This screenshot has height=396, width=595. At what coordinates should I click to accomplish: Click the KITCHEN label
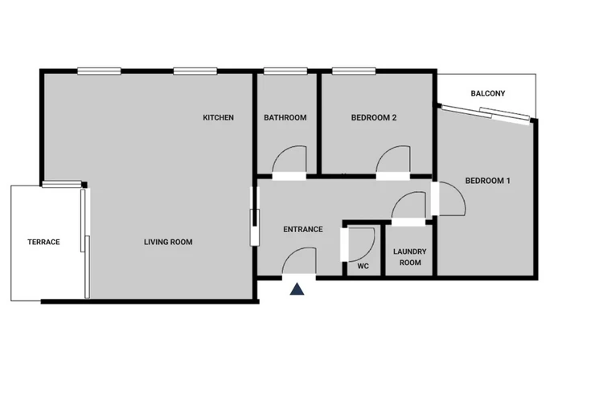pos(218,117)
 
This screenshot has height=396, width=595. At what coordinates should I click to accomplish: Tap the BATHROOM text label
pos(285,117)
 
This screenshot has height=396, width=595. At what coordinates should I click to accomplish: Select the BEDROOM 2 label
pos(374,117)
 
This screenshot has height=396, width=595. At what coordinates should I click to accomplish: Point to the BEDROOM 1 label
pos(487,181)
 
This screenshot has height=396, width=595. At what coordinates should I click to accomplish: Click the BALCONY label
pos(488,93)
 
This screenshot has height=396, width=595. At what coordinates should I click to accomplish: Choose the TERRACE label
pos(43,242)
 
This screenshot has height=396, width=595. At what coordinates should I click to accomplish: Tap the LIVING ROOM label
pos(168,242)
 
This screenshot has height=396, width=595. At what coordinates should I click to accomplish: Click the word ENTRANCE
pos(303,229)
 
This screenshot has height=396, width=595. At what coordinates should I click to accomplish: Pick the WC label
pos(363,267)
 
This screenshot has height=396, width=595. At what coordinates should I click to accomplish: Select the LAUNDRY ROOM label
pos(410,257)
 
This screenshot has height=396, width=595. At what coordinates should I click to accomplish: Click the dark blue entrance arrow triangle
pos(297,289)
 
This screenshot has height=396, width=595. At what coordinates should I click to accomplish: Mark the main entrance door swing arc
pos(291,253)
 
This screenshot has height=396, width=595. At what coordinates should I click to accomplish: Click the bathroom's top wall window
pos(285,71)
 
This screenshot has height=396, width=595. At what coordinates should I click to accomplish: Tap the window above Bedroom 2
pos(354,71)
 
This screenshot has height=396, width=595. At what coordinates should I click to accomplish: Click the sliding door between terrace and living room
pos(85,243)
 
